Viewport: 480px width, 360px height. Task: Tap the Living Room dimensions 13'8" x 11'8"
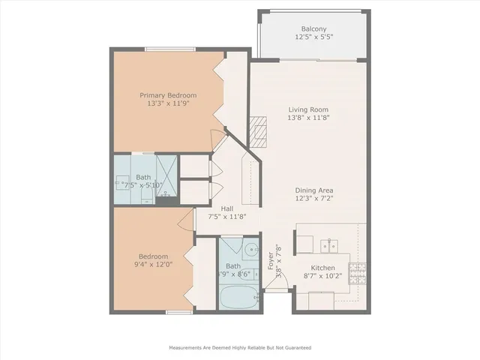309,118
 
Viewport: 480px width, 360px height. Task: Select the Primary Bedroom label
169,95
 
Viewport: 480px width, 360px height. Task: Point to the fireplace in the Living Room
259,130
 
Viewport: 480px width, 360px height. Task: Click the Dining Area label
314,190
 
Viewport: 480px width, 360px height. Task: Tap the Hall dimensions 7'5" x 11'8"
225,217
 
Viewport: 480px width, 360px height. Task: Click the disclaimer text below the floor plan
239,348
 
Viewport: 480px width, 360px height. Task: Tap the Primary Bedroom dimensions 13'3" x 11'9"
169,104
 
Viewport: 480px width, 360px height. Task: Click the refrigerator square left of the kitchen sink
304,245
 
